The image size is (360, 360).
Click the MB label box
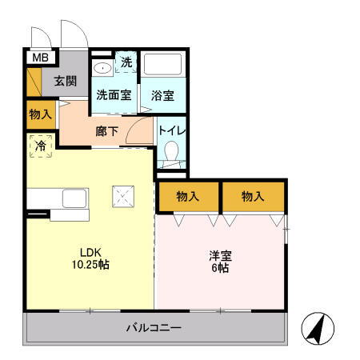38,58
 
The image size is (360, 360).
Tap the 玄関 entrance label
66,80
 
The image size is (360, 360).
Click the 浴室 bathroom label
163,94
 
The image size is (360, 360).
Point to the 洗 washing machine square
126,62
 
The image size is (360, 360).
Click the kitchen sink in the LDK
74,199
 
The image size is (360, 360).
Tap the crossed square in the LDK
124,196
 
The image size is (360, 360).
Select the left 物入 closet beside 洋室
188,196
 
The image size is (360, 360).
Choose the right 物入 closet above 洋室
253,196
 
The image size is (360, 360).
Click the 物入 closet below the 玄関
41,114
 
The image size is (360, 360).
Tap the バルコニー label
154,328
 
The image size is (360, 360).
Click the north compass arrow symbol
316,328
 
